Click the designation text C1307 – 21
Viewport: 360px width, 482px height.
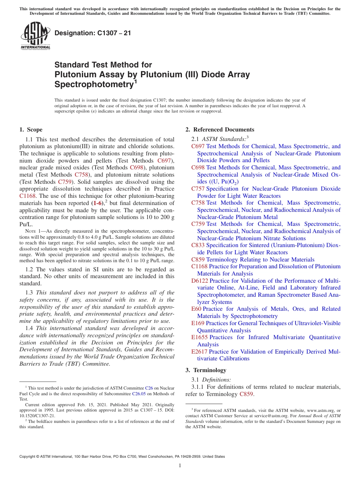click(93, 33)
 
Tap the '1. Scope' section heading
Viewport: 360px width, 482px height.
click(31, 130)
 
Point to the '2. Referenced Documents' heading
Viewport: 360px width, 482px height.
click(220, 130)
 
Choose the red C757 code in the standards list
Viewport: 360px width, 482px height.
click(198, 189)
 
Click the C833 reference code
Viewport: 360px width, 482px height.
click(198, 245)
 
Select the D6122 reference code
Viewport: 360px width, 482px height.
click(200, 281)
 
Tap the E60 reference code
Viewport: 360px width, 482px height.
click(196, 309)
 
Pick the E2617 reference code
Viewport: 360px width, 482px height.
click(199, 352)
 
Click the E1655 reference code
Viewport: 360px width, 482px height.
click(199, 337)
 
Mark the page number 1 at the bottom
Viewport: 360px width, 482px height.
click(180, 466)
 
